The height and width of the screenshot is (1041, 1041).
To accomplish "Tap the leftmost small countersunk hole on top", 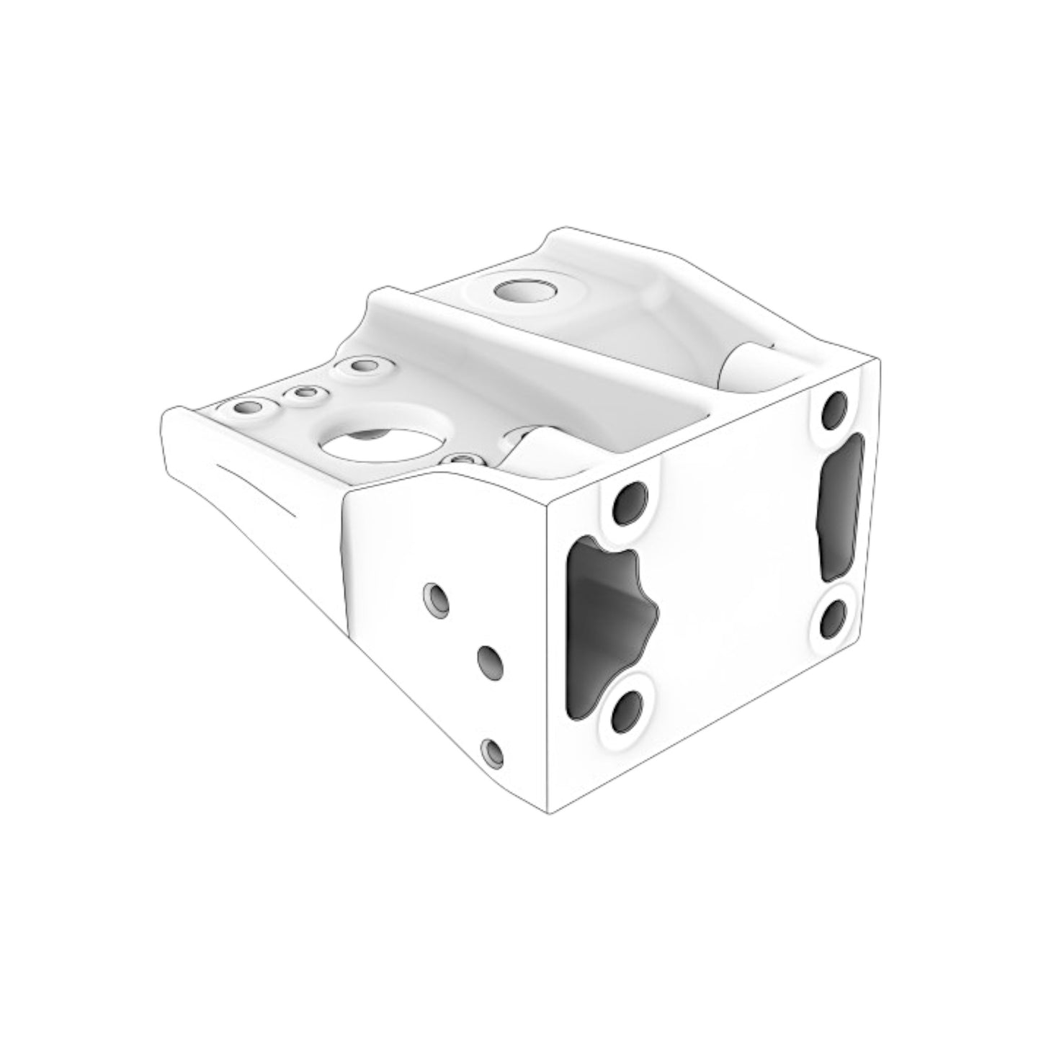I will [x=249, y=408].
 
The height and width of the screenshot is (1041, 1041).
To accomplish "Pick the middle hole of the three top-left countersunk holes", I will [x=305, y=393].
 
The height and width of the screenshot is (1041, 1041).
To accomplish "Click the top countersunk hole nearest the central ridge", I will [x=364, y=366].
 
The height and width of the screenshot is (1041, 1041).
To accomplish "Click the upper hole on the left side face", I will [x=437, y=599].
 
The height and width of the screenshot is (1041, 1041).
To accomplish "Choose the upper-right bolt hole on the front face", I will [x=836, y=408].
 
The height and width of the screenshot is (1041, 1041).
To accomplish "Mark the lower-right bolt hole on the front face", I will [x=834, y=620].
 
